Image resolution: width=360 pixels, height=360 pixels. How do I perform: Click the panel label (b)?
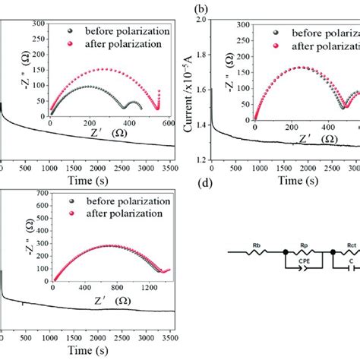(x=201, y=11)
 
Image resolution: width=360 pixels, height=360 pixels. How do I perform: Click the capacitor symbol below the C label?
(x=351, y=267)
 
